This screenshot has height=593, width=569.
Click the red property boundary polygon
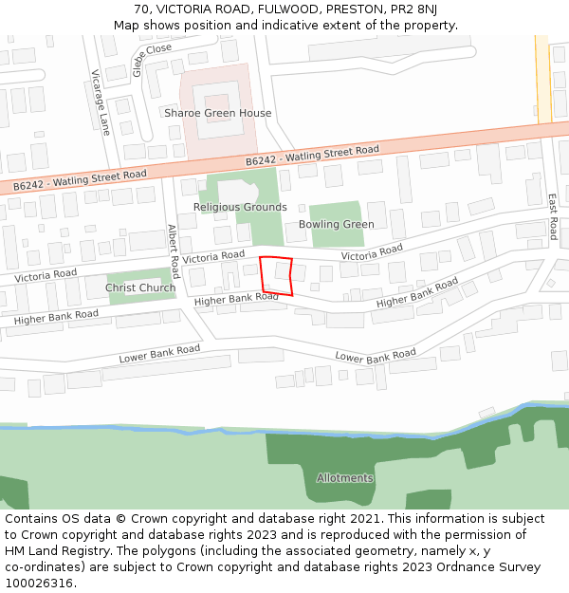point(277,276)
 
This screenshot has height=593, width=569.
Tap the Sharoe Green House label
point(218,114)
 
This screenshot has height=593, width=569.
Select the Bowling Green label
point(337,225)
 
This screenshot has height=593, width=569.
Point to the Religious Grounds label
point(240,207)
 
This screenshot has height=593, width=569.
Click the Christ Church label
point(140,288)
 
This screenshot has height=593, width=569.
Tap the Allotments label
point(345,478)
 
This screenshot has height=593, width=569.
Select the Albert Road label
point(173,251)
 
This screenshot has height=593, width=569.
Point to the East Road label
point(552,216)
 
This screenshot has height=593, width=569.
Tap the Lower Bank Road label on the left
point(159,355)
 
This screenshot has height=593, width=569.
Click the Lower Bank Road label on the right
point(376,357)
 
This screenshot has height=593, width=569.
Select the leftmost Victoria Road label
point(46,274)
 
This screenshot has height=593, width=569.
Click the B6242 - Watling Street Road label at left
point(80,179)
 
